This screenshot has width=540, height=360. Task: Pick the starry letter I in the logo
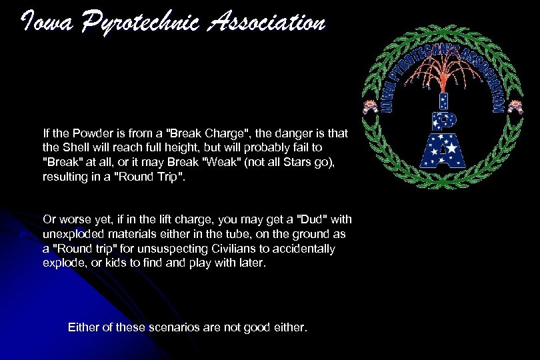(x=441, y=101)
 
